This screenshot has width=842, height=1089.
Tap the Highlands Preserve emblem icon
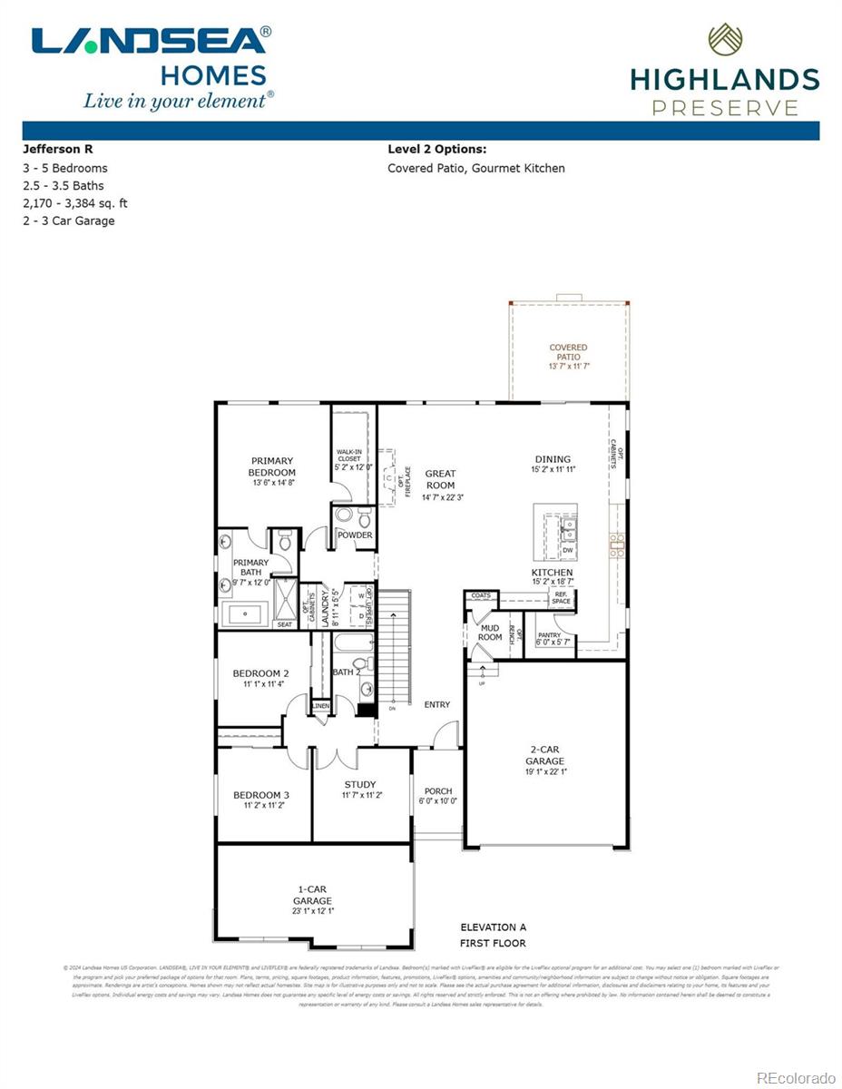(725, 40)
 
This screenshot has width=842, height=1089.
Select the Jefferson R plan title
(57, 149)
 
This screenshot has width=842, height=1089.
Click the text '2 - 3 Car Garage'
(69, 221)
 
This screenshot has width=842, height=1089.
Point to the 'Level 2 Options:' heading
(436, 149)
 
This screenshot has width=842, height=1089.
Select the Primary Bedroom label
(272, 466)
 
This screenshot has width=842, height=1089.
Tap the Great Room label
(440, 479)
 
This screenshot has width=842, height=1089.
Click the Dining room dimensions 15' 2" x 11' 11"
(553, 470)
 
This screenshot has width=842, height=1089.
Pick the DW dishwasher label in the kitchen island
(567, 550)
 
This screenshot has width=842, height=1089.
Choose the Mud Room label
(490, 632)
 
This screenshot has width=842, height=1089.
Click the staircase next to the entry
(394, 644)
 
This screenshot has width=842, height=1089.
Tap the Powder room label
(355, 535)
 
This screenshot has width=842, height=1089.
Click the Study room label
(360, 785)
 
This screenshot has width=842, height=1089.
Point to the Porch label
(438, 791)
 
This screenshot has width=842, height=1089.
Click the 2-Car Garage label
(545, 755)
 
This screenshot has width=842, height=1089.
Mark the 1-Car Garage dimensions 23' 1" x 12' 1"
(312, 911)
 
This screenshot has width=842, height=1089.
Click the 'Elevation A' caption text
(493, 927)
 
